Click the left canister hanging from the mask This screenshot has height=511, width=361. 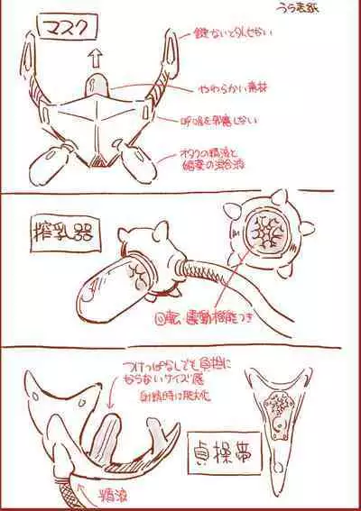[55, 165]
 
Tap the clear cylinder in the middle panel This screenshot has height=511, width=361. [116, 283]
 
